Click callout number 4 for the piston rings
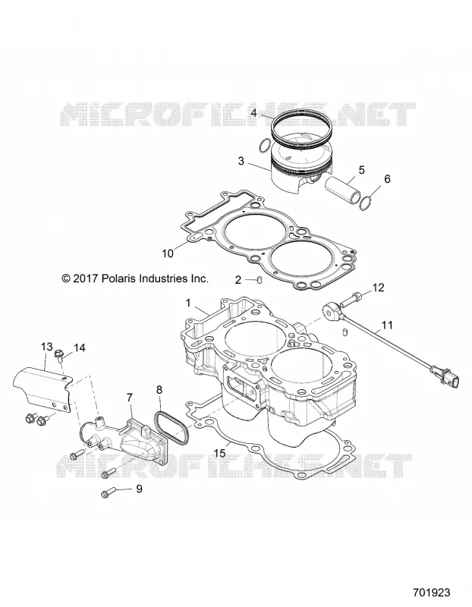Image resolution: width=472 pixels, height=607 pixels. [x=254, y=113]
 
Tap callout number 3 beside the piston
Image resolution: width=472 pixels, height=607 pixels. [x=241, y=161]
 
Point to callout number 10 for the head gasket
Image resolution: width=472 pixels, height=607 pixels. [x=168, y=253]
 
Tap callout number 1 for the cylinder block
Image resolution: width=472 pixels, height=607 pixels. [x=188, y=303]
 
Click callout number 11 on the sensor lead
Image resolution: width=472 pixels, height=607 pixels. [x=387, y=325]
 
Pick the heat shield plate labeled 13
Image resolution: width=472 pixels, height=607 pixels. [x=42, y=390]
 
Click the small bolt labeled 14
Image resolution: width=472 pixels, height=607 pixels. [x=60, y=354]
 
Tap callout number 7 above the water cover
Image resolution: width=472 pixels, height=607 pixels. [x=129, y=398]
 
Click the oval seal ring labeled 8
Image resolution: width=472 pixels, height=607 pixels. [x=171, y=428]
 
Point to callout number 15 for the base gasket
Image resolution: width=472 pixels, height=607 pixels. [x=219, y=453]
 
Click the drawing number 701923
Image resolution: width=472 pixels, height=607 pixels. [x=432, y=593]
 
